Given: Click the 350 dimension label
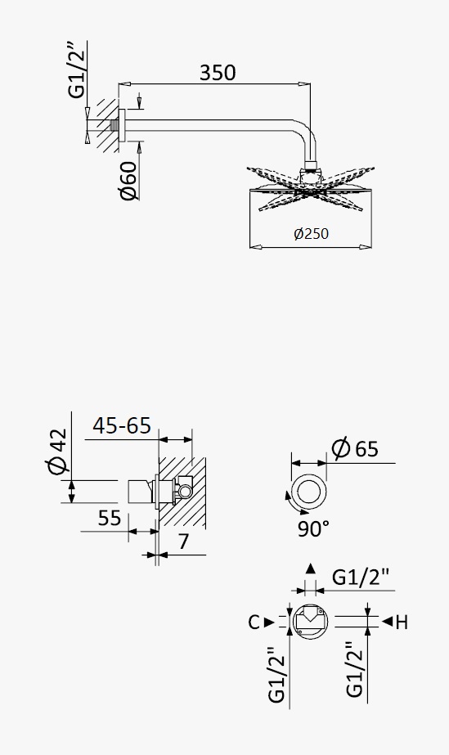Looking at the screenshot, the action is [218, 73].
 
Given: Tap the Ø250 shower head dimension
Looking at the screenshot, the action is [311, 233].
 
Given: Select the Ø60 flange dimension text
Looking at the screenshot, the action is [128, 181].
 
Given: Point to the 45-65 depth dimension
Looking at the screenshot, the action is [122, 425].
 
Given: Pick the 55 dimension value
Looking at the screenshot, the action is [110, 518].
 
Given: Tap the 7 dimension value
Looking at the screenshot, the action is [183, 542].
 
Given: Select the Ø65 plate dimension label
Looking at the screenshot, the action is [355, 449].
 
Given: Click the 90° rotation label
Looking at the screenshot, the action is [313, 528].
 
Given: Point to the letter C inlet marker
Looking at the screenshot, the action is [254, 622].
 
